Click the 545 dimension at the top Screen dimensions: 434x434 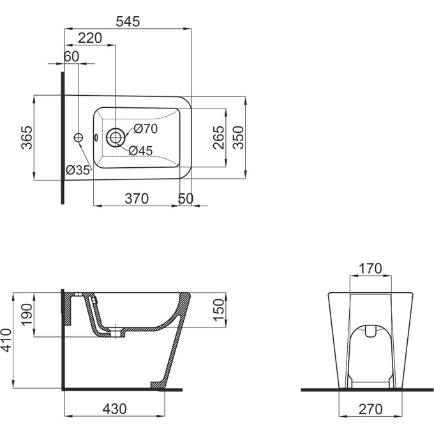128,22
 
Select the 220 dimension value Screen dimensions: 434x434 90,38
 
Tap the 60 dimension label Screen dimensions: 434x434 71,56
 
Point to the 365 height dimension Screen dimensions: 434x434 27,138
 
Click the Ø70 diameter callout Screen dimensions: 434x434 146,129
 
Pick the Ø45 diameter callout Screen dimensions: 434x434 140,151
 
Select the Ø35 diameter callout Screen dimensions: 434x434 78,170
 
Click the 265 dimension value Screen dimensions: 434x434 219,138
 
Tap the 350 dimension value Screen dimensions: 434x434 238,138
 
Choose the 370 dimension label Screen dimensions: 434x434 137,198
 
